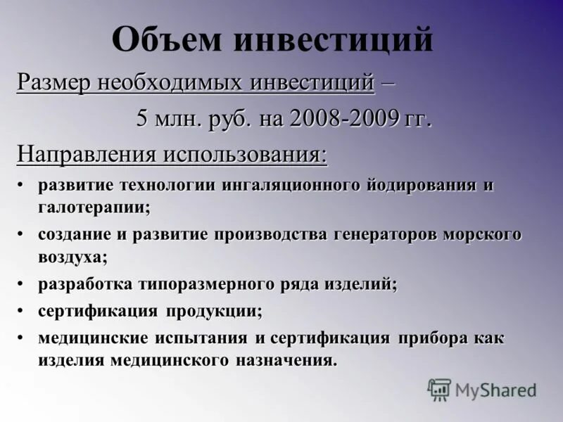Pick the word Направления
coord(89,153)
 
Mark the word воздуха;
coord(73,256)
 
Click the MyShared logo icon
coord(439,389)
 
